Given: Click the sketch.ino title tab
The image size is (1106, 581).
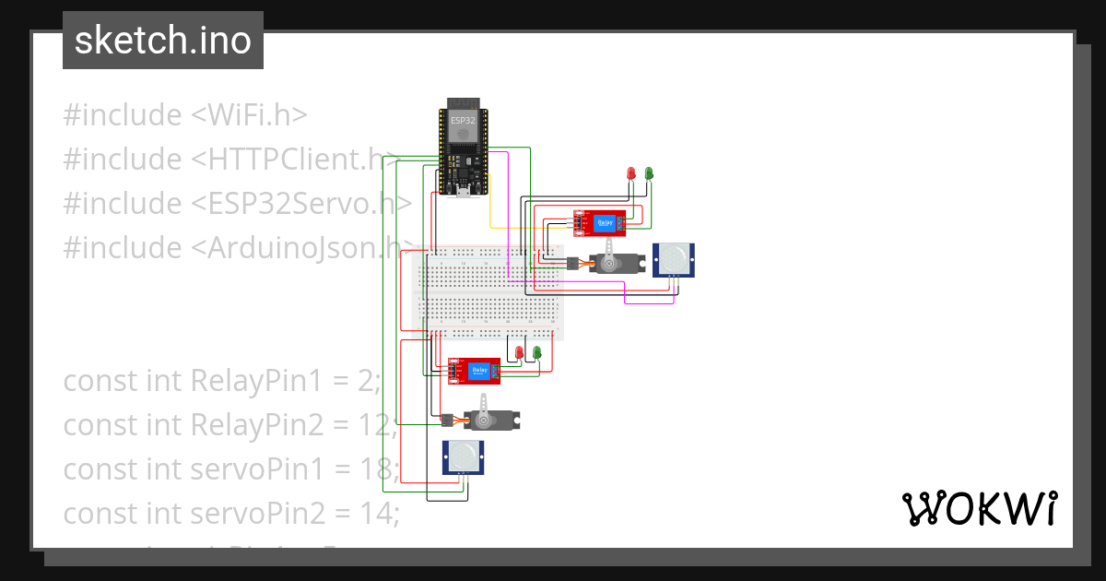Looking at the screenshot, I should coord(163,41).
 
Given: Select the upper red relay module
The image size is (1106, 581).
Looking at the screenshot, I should coord(599,222).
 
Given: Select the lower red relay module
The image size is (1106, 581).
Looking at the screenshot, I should coord(474,371).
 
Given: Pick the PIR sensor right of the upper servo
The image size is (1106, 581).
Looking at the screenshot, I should coord(674,259).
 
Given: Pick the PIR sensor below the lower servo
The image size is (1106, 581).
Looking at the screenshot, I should coord(464,456).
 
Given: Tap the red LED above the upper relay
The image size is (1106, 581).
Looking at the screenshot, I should coord(631,173).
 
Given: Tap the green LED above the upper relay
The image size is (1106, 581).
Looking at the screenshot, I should coord(649,173).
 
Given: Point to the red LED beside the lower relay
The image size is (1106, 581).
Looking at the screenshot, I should coord(520,353).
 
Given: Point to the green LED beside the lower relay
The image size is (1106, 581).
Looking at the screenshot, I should coord(536,353).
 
